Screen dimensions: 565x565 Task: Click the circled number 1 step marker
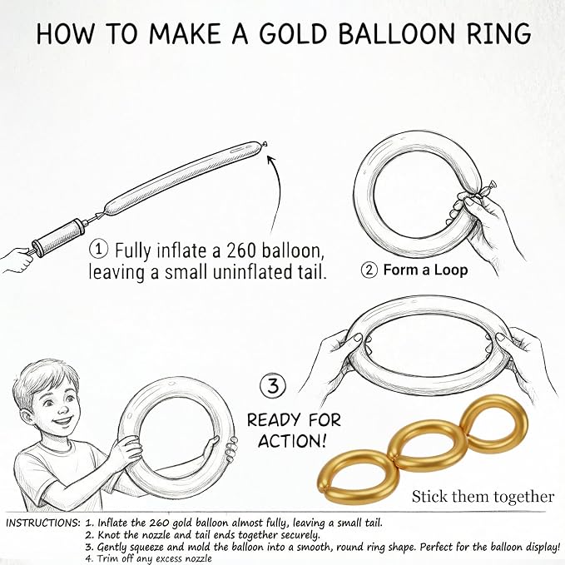click(x=98, y=250)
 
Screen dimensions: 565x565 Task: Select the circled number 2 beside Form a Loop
click(x=369, y=270)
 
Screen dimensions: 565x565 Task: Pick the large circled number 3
click(x=273, y=386)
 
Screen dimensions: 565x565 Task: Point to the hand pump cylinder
click(x=60, y=236)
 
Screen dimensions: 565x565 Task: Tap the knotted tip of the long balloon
click(x=265, y=144)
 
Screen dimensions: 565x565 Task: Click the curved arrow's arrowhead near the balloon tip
click(x=271, y=159)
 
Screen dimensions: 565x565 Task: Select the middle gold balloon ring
click(x=427, y=442)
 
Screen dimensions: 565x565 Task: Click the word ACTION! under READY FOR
click(x=292, y=441)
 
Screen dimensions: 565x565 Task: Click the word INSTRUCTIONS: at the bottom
click(x=43, y=523)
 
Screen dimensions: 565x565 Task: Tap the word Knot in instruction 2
click(x=108, y=535)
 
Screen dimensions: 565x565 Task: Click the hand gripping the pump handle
click(x=16, y=260)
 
